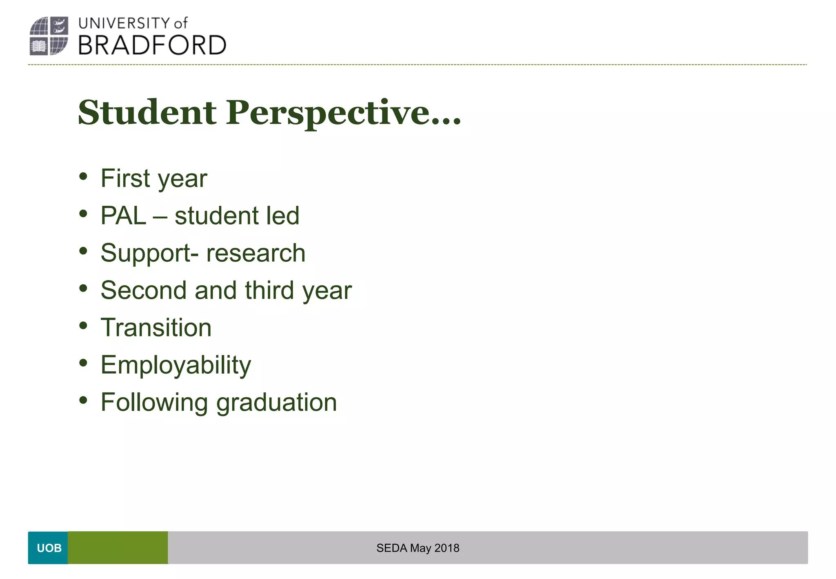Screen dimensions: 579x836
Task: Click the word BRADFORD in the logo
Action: point(152,45)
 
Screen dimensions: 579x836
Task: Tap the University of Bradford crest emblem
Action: point(49,36)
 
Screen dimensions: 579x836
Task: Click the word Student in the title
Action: point(147,112)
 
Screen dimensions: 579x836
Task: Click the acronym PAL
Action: point(123,216)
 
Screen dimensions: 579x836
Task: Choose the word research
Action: point(256,253)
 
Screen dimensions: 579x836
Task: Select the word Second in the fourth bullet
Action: point(143,290)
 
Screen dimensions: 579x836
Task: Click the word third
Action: point(269,290)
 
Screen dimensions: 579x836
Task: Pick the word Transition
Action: point(156,327)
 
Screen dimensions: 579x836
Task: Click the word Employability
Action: point(176,365)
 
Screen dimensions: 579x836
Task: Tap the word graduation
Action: point(276,403)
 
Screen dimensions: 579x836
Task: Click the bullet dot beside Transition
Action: point(83,326)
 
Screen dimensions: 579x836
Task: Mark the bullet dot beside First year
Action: point(83,176)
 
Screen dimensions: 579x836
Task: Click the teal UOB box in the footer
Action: point(48,548)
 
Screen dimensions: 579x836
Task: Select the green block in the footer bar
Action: point(118,548)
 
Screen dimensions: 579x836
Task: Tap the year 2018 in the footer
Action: point(447,548)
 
